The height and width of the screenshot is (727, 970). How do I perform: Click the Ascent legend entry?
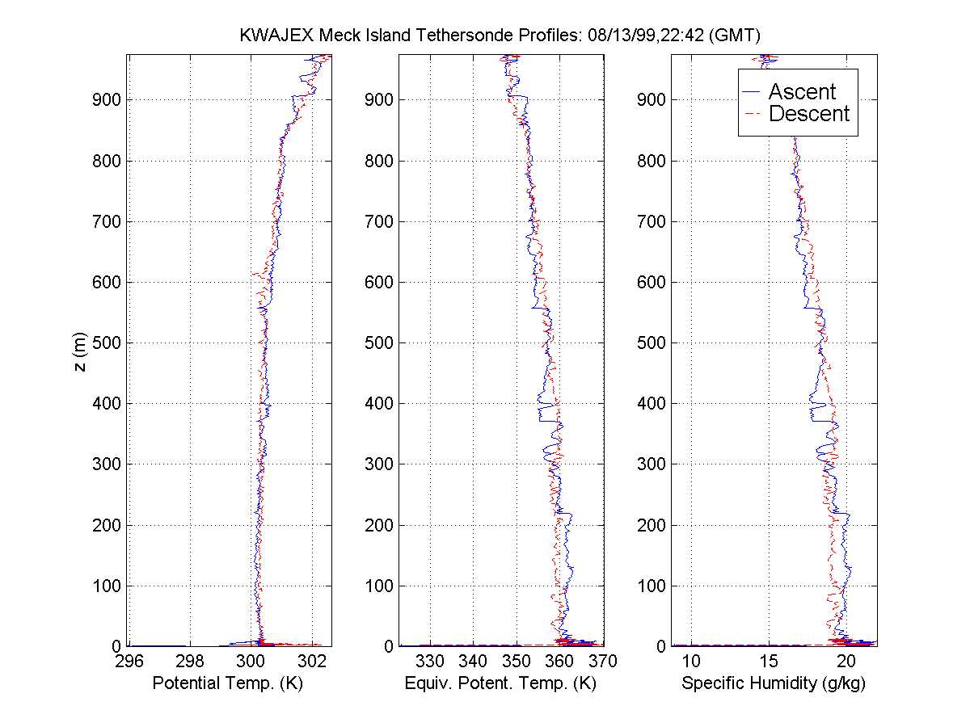[801, 91]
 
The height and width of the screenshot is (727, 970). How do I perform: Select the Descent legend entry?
[808, 114]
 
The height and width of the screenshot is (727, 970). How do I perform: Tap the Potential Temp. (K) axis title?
[229, 683]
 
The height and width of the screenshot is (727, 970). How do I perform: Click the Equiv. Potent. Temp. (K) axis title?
[500, 683]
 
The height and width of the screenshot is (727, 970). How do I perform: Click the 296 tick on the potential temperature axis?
[129, 662]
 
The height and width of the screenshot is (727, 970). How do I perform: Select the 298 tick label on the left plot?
[190, 662]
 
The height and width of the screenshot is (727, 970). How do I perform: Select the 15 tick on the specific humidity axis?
[769, 662]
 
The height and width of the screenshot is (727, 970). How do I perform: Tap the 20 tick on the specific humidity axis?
[846, 662]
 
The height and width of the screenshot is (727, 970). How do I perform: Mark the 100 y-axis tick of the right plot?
[655, 586]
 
